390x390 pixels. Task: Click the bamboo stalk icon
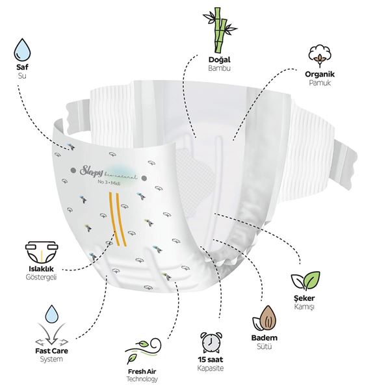coord(220,30)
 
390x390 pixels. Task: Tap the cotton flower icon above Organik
coord(320,56)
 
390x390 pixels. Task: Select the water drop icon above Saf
coord(22,50)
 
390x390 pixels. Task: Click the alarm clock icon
coord(211,343)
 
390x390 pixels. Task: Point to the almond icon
coord(265,318)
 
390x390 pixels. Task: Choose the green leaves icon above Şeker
coord(305,281)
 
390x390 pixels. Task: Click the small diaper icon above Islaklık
coord(42,252)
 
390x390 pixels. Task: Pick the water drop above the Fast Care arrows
coord(52,314)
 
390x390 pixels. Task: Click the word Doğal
coord(220,60)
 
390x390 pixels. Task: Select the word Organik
coord(320,74)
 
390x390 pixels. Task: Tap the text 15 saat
coord(211,359)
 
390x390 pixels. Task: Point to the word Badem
coord(265,338)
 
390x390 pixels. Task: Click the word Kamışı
coord(304,306)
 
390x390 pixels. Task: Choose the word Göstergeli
coord(42,277)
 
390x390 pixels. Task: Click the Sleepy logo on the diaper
coord(90,170)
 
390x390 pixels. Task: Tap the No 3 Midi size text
coord(109,183)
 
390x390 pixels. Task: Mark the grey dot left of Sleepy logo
coord(73,170)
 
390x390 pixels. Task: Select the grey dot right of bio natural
coord(144,178)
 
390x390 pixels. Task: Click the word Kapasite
coord(211,368)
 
